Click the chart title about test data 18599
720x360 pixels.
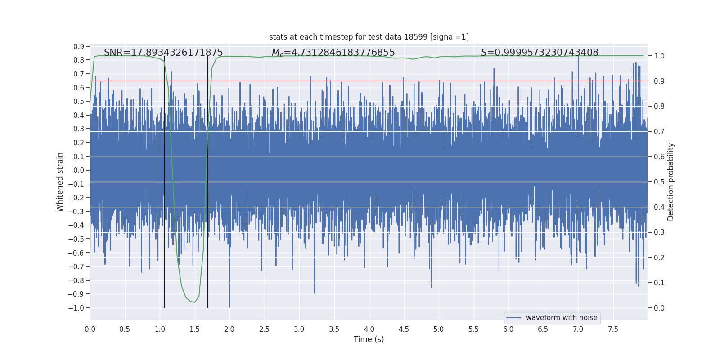[x=369, y=37]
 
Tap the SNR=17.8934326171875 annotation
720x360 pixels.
[x=163, y=53]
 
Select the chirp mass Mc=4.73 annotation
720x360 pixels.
[x=333, y=53]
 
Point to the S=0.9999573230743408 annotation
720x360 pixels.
[x=540, y=53]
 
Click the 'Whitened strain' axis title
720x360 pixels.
[x=60, y=182]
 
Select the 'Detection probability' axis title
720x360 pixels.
[x=671, y=182]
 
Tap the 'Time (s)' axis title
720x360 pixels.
[x=369, y=339]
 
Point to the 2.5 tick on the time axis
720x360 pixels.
[x=264, y=329]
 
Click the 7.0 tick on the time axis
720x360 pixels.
[x=578, y=329]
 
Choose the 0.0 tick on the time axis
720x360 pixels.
[x=90, y=329]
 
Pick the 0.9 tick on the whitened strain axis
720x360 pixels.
[x=79, y=46]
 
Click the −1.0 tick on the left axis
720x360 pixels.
[x=76, y=308]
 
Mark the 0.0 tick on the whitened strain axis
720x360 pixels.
[x=79, y=170]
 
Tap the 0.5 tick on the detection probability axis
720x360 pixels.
[x=659, y=182]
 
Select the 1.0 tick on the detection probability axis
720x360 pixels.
[x=659, y=56]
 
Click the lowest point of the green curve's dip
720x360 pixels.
[x=194, y=302]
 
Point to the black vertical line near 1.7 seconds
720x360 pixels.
[x=208, y=180]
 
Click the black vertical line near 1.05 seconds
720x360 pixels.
[x=164, y=180]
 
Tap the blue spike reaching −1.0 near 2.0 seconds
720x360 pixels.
[x=229, y=301]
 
